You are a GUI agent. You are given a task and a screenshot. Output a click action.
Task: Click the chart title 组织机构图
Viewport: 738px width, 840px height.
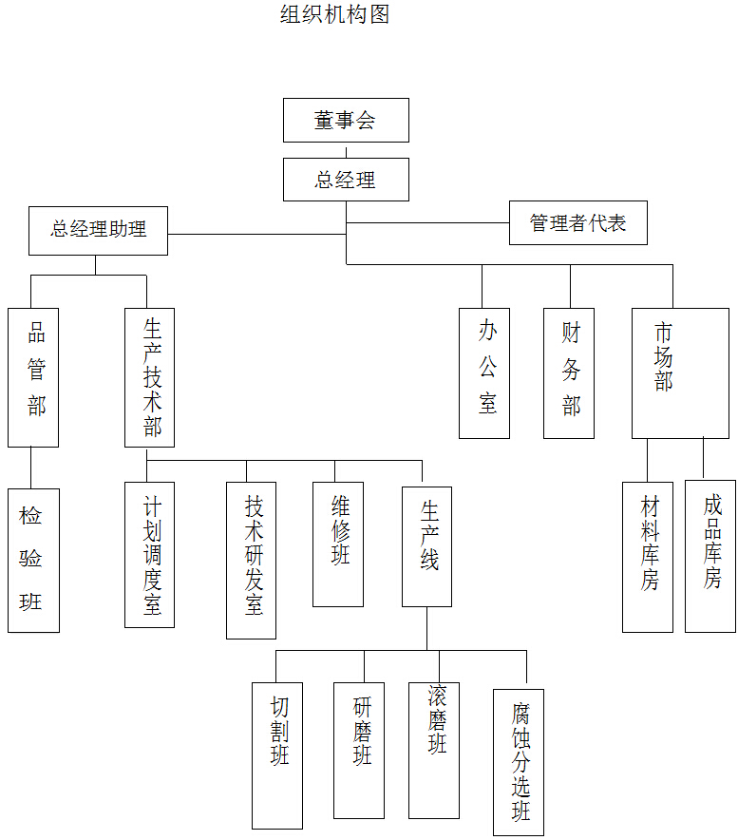(334, 14)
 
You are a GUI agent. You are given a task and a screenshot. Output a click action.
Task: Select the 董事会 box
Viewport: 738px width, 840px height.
(346, 120)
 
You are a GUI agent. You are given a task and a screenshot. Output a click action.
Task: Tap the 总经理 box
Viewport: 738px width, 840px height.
(346, 180)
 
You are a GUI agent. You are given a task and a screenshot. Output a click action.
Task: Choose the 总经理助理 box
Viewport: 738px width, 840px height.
(98, 230)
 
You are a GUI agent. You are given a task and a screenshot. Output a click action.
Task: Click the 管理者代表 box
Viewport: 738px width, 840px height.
(577, 223)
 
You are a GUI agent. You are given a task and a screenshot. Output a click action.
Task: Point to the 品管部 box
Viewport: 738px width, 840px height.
(33, 377)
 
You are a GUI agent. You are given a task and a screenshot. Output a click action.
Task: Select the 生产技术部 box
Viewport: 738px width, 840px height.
(149, 377)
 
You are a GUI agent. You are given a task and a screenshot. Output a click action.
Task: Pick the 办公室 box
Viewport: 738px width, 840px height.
(484, 372)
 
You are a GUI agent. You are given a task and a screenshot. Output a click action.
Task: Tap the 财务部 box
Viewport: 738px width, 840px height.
(569, 372)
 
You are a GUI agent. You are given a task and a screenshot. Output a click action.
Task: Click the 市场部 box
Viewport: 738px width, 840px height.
(680, 372)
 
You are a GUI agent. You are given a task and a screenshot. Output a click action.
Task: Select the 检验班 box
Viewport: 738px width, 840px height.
(33, 560)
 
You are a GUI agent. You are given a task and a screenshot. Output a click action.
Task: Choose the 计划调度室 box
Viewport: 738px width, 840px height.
(149, 554)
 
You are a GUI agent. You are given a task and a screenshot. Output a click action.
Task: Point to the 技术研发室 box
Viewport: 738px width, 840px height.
(251, 560)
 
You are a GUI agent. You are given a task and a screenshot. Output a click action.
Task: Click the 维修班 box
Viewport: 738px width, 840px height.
(338, 544)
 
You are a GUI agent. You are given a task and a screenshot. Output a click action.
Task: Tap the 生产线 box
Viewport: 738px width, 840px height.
(426, 546)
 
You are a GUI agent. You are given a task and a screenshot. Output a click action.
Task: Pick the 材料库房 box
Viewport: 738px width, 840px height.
(647, 556)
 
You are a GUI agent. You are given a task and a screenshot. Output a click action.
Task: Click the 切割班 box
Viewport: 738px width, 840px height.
(277, 754)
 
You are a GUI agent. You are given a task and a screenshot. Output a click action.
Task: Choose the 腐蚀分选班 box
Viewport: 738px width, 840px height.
(519, 762)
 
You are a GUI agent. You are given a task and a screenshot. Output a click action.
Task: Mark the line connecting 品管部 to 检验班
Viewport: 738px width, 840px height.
(31, 468)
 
